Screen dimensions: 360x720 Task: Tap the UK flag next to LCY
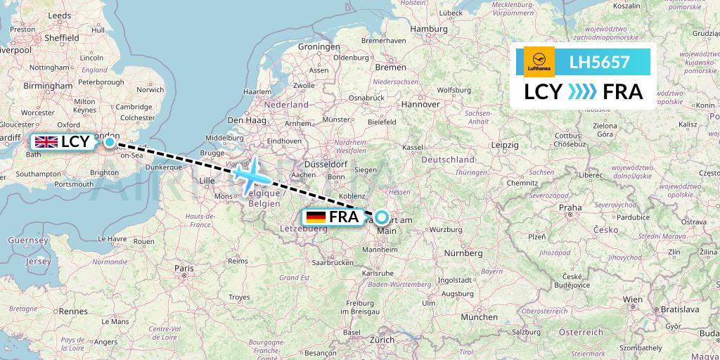point(47,142)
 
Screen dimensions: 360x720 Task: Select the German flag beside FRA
point(316,217)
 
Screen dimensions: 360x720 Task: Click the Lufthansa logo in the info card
point(539,62)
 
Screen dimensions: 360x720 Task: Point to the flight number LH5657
point(599,62)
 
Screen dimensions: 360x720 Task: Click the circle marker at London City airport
point(110,142)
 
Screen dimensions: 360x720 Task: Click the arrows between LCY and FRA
point(581,92)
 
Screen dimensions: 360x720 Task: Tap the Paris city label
point(184,268)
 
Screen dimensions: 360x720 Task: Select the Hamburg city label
point(429,29)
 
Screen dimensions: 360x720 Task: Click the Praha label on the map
point(570,207)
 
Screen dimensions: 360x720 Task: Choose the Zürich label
point(382,339)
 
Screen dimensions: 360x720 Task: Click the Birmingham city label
point(48,85)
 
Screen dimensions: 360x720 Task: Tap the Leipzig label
point(505,144)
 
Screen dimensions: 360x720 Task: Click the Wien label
point(633,299)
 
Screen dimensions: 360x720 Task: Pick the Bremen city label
point(391,67)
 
